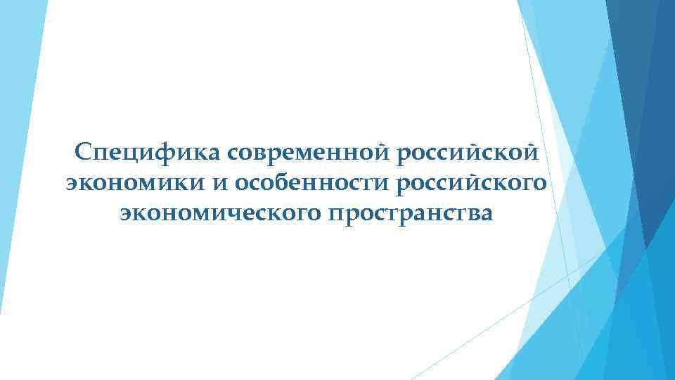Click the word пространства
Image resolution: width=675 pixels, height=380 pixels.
[x=411, y=213]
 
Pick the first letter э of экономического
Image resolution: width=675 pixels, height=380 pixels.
[x=127, y=213]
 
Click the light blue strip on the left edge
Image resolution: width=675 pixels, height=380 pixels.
[x=18, y=141]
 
